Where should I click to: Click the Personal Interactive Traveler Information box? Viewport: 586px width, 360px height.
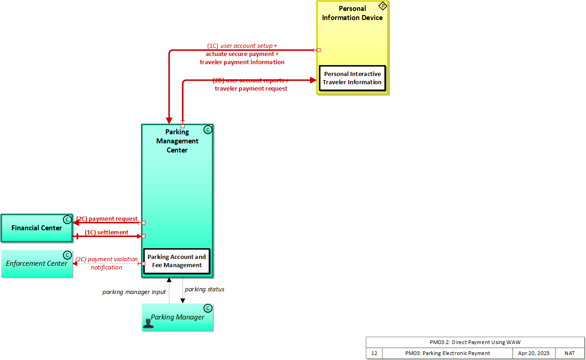click(x=352, y=78)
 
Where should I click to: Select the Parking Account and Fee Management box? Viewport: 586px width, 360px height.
click(x=177, y=261)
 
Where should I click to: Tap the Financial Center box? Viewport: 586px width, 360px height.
click(x=36, y=228)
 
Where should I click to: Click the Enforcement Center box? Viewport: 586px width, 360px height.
click(x=36, y=264)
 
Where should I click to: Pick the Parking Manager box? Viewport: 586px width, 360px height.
click(x=178, y=317)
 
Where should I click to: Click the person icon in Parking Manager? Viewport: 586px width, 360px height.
click(x=148, y=323)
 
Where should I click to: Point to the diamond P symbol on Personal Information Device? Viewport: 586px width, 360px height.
click(x=382, y=6)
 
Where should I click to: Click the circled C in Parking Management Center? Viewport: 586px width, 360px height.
click(x=208, y=130)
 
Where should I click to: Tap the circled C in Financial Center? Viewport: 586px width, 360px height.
click(x=67, y=220)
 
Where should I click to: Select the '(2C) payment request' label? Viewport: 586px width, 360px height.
click(x=107, y=219)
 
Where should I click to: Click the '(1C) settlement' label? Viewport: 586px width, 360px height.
click(x=107, y=233)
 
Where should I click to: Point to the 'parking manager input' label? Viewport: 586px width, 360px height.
click(x=134, y=292)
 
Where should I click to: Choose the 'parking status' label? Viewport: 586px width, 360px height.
click(x=204, y=289)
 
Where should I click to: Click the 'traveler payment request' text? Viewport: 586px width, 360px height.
click(x=251, y=89)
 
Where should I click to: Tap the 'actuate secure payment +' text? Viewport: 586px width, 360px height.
click(x=242, y=54)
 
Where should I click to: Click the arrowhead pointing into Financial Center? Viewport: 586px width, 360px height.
click(x=76, y=223)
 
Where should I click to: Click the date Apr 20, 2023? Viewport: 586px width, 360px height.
click(x=534, y=353)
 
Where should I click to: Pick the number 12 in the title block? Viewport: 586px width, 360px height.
click(x=374, y=353)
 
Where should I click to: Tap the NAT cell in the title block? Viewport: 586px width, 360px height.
click(x=570, y=353)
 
